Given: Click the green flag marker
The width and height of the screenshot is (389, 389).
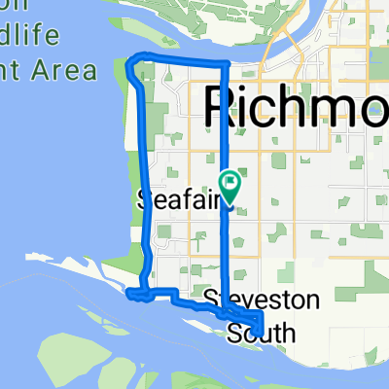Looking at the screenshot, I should pyautogui.click(x=231, y=181).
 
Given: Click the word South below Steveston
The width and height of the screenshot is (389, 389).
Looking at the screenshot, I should pyautogui.click(x=260, y=334).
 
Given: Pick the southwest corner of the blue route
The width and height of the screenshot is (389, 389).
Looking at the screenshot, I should pyautogui.click(x=130, y=292).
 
